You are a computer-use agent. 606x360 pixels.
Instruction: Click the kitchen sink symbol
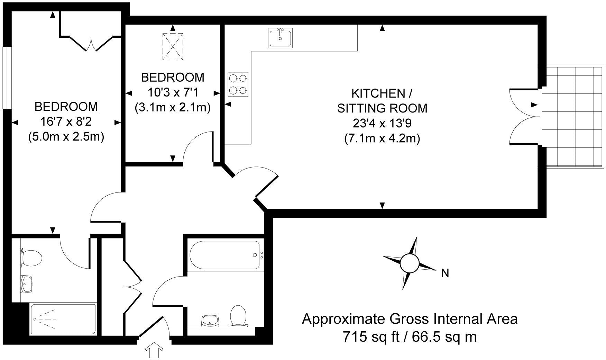tap(281, 38)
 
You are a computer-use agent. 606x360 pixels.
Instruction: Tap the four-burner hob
tap(238, 84)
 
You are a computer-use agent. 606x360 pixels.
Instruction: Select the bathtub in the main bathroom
tap(224, 255)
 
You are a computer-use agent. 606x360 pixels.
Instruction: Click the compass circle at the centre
tap(410, 263)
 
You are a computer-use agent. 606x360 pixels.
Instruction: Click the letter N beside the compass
tap(445, 273)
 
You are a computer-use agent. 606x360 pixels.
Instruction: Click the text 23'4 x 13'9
tap(382, 124)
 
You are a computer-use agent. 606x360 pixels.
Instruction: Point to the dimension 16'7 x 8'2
tap(66, 122)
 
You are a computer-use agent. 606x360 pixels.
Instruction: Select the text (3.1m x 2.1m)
tap(173, 108)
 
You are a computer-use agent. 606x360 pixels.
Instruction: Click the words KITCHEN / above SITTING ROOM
tap(382, 93)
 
